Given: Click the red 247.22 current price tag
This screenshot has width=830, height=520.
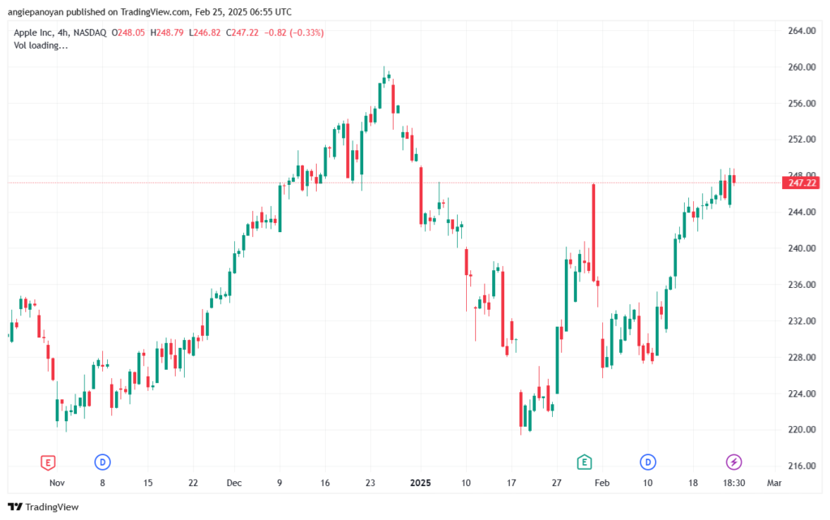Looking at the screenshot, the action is click(800, 183).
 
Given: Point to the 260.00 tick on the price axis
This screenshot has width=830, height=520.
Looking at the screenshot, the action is click(802, 67).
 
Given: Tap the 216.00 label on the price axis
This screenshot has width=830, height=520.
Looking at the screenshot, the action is click(802, 466).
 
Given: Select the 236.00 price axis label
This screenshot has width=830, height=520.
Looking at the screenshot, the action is click(802, 285).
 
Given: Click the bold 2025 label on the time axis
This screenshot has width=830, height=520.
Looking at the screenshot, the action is click(421, 483).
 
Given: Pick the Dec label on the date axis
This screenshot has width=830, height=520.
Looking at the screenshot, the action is click(234, 483).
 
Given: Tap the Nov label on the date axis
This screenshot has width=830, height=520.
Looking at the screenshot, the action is click(58, 483).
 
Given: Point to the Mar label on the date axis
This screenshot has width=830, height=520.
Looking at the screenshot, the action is click(774, 483).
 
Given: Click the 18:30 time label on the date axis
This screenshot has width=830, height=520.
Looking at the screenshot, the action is click(734, 483).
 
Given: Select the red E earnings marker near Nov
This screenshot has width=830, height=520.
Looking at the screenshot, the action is click(48, 462).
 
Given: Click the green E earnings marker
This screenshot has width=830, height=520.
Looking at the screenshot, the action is click(584, 462).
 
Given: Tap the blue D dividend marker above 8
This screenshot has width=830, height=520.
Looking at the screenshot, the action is click(102, 462).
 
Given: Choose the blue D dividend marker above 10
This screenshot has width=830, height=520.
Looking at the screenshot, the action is click(648, 462).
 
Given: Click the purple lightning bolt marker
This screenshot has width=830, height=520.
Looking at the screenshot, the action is click(734, 462).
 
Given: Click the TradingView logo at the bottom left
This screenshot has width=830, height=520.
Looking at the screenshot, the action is click(44, 507).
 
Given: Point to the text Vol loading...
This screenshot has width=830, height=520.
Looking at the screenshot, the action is click(41, 45).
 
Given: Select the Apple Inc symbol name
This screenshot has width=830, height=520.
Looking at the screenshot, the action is click(33, 32).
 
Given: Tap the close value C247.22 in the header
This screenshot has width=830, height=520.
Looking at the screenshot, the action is click(242, 32).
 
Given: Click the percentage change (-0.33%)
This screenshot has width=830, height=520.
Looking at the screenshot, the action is click(306, 32).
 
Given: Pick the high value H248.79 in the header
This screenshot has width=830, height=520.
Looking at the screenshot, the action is click(167, 32).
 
